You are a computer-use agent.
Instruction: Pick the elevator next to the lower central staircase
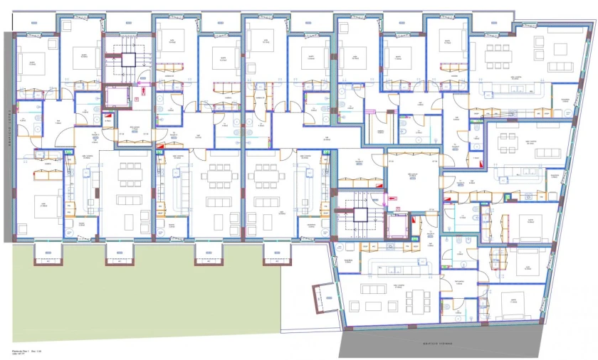pyautogui.click(x=396, y=226)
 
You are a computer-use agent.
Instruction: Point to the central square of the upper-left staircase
pyautogui.click(x=128, y=59)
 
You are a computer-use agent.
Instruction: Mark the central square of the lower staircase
pyautogui.click(x=360, y=215)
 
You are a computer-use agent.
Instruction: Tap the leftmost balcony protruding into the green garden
pyautogui.click(x=48, y=253)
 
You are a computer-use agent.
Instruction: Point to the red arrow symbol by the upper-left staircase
pyautogui.click(x=108, y=115)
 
